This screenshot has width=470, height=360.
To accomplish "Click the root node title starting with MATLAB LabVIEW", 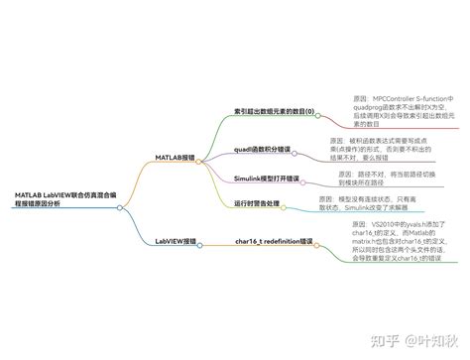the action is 54,198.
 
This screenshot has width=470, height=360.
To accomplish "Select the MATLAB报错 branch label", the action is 175,157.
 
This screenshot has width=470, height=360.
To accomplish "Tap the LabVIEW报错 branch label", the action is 175,241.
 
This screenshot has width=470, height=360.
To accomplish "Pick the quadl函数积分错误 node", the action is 263,150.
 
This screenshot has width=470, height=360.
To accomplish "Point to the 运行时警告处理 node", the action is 257,203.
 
